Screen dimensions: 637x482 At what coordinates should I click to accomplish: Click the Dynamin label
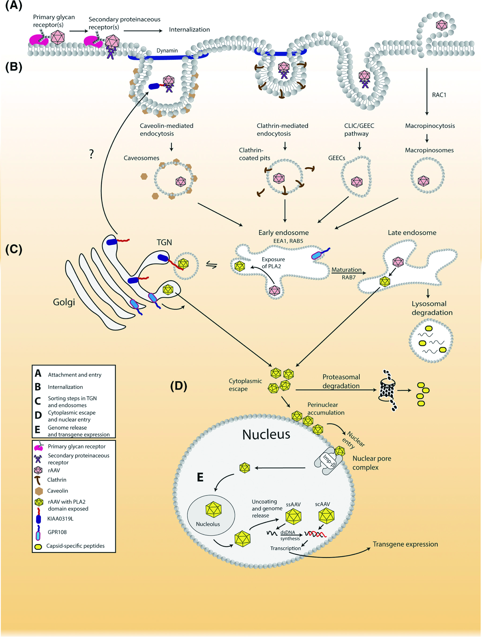click(x=167, y=51)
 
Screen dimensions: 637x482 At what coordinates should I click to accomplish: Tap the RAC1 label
click(x=439, y=95)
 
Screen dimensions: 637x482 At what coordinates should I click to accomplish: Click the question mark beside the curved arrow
click(x=92, y=154)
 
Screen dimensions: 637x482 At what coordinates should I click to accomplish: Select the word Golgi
click(x=64, y=302)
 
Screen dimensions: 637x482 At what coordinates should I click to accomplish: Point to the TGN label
click(x=164, y=243)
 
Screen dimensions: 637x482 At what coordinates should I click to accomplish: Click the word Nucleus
click(x=266, y=435)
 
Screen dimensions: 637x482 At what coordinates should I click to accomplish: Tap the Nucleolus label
click(x=208, y=524)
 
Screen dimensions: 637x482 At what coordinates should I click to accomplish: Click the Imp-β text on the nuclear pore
click(x=329, y=460)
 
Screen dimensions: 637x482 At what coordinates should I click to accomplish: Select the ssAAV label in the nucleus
click(x=293, y=505)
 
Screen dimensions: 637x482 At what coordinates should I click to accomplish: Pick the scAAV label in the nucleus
click(x=322, y=504)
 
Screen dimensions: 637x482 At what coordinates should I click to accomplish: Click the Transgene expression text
click(x=405, y=544)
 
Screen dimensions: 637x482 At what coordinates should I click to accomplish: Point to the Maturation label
click(x=347, y=270)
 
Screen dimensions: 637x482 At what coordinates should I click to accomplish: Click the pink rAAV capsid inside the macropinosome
click(x=423, y=181)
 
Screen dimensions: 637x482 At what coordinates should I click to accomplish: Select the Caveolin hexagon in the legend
click(x=39, y=491)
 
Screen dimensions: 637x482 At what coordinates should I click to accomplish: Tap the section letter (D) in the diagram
click(x=178, y=386)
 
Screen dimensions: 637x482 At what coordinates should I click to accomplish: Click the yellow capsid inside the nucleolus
click(x=213, y=509)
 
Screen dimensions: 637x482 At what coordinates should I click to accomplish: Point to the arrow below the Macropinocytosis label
click(x=427, y=138)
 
